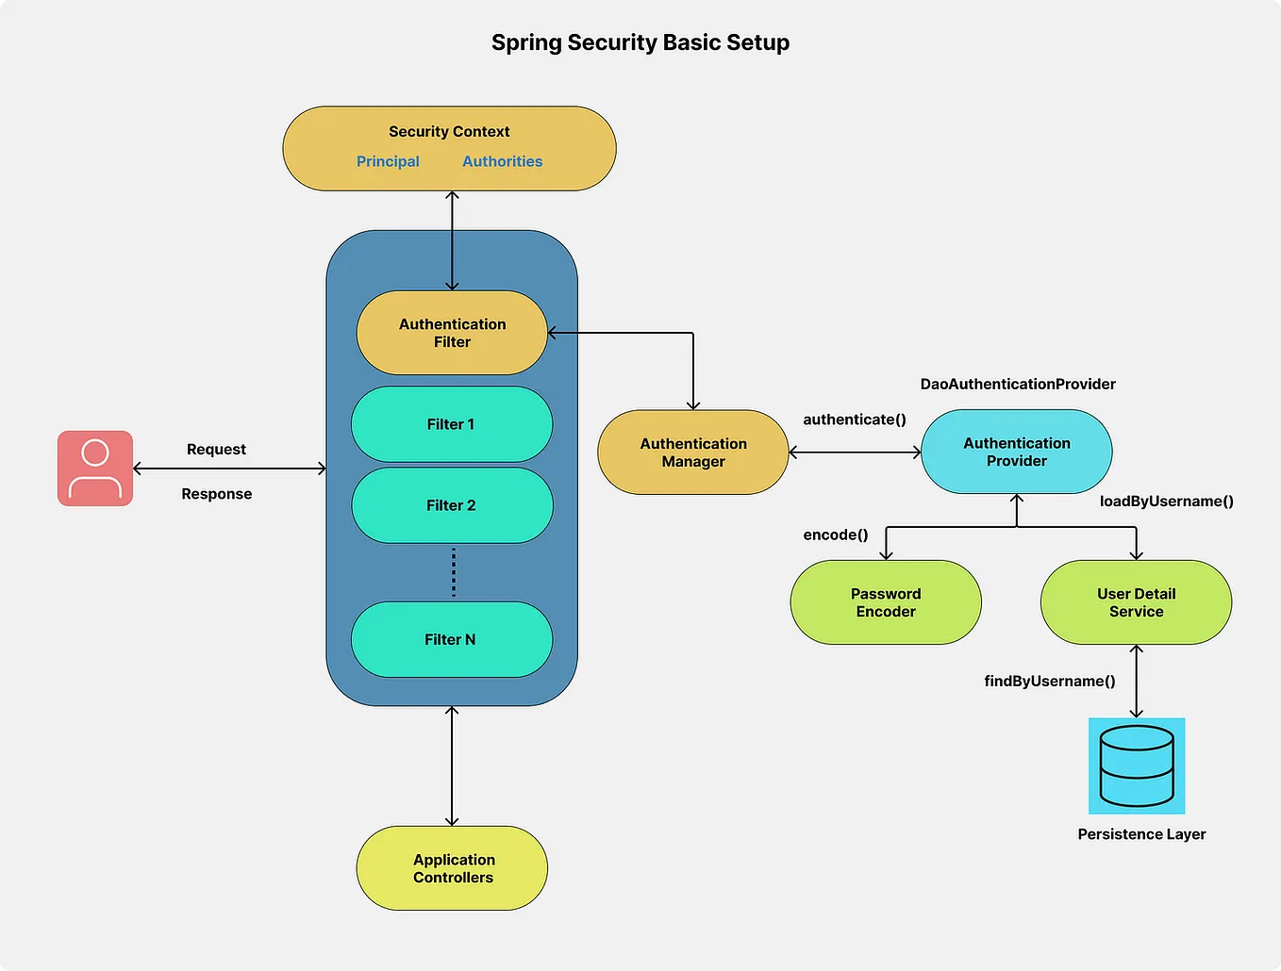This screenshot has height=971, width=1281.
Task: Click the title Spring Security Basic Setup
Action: (640, 42)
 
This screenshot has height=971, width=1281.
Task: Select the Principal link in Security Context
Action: (388, 161)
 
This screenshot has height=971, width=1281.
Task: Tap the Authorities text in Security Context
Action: (502, 161)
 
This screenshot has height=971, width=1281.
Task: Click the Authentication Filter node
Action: (452, 333)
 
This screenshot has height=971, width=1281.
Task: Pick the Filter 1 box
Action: (451, 424)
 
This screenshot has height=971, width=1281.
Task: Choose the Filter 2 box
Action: (451, 505)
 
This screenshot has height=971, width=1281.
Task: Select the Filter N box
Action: (451, 639)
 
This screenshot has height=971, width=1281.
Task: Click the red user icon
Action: (95, 469)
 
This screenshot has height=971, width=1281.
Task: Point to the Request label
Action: (216, 449)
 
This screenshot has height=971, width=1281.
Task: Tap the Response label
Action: (216, 494)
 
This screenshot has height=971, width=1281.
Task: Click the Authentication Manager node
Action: (692, 453)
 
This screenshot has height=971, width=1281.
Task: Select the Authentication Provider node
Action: (1016, 452)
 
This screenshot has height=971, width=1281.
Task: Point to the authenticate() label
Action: (854, 420)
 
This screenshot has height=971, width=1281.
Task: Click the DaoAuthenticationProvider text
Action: (1017, 384)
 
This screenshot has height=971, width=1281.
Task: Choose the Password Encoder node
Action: (885, 602)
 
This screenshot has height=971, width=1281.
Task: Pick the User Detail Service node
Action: (1136, 602)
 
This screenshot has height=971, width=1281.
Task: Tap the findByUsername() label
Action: (1049, 681)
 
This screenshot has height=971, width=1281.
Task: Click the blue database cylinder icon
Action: (1136, 765)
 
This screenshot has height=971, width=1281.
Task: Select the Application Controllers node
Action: (452, 868)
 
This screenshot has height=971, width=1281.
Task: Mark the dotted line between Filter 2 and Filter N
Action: (454, 572)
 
